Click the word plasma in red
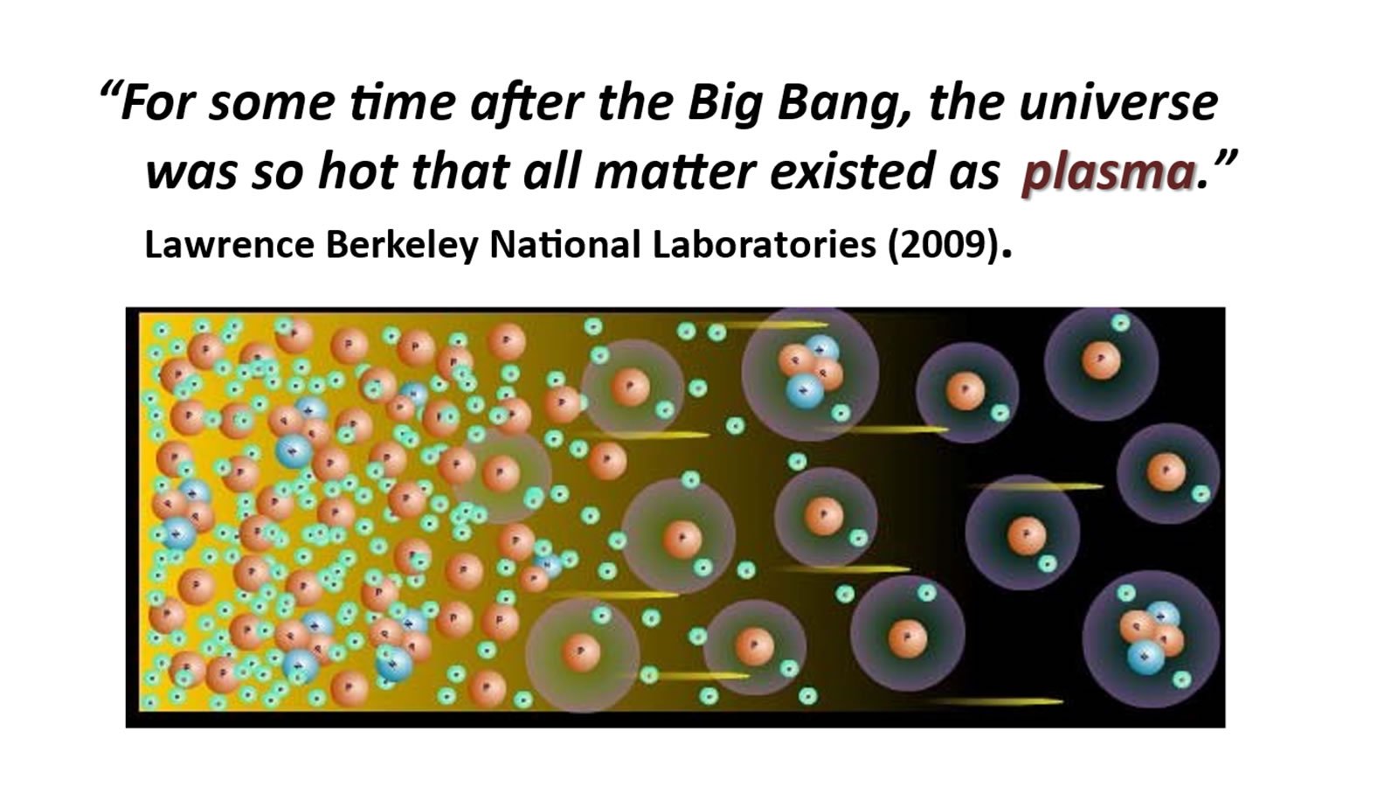tap(1109, 173)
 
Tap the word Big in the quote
tap(725, 104)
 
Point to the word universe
tap(1118, 103)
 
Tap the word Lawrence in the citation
tap(230, 244)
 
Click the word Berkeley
tap(401, 246)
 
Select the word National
tap(564, 244)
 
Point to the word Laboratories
tap(764, 244)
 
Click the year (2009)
tap(942, 246)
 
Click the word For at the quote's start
tap(158, 103)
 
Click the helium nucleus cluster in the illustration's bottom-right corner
tap(1152, 637)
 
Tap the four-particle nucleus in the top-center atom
tap(811, 373)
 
